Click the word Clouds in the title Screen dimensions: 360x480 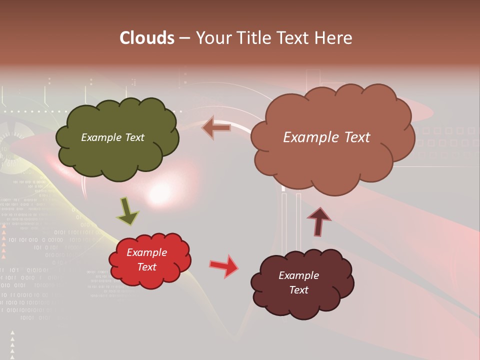click(147, 38)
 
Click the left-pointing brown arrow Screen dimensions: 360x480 click(216, 128)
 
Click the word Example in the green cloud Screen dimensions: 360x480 click(101, 137)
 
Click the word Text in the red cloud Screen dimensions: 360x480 click(147, 267)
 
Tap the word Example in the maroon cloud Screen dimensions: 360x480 click(298, 275)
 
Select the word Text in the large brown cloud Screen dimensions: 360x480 click(354, 137)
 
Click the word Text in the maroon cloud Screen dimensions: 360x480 click(298, 290)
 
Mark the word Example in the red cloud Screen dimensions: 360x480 click(147, 252)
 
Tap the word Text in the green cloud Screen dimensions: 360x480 click(134, 137)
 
